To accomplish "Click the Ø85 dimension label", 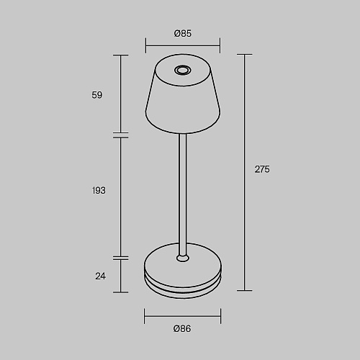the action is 183,33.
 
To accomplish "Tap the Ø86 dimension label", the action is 182,328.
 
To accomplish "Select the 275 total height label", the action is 262,169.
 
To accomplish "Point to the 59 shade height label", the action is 97,95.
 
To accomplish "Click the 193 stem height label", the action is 99,191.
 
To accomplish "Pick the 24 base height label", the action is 100,276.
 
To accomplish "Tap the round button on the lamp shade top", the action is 183,71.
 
